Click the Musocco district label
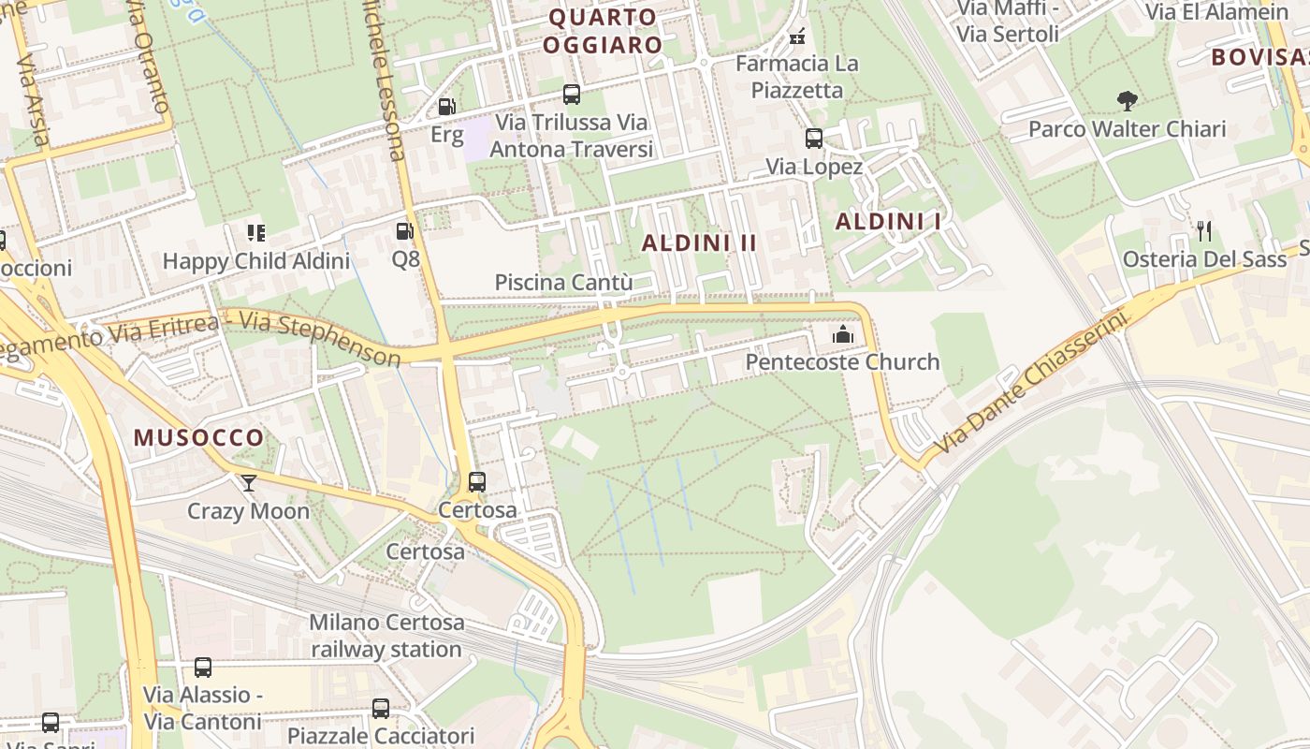(x=198, y=437)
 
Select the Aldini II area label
(x=699, y=242)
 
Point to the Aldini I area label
(x=888, y=222)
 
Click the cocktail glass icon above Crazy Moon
(x=248, y=482)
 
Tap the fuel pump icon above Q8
(x=404, y=230)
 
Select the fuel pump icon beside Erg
(x=447, y=108)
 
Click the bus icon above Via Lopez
(x=814, y=139)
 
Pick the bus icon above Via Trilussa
(x=571, y=95)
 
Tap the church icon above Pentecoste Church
(x=842, y=334)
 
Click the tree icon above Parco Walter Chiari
(x=1127, y=100)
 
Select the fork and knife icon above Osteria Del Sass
(x=1204, y=230)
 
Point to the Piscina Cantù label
(x=563, y=283)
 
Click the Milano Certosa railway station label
(x=386, y=636)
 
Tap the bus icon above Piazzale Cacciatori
(x=381, y=709)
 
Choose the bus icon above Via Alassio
(x=202, y=668)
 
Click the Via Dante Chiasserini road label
(x=1029, y=382)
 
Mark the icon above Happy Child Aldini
(x=255, y=232)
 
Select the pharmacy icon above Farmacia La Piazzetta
(x=797, y=37)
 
